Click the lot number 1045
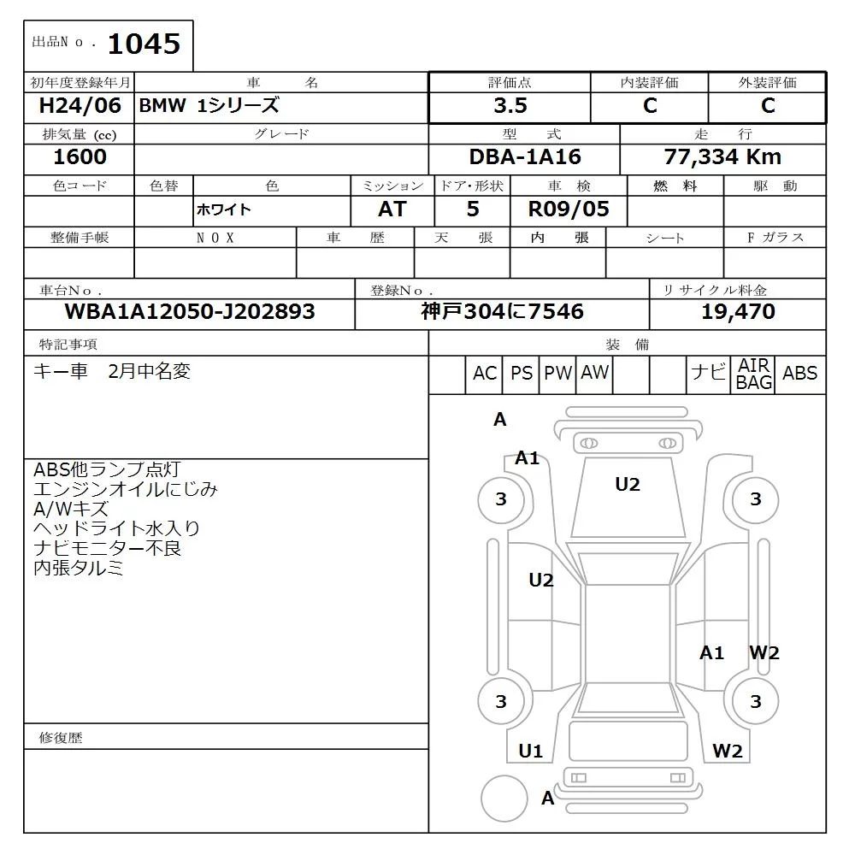coord(144,44)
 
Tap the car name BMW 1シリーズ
coord(209,106)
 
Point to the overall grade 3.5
coord(510,106)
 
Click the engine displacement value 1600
coord(80,156)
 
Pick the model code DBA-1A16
coord(524,156)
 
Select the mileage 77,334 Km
coord(722,156)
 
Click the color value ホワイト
coord(224,210)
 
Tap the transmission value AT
coord(392,209)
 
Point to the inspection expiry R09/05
coord(569,209)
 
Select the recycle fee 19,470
coord(738,312)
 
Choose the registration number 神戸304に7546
coord(502,312)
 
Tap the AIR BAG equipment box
coord(754,374)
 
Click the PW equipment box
coord(558,374)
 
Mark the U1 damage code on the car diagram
coord(531,752)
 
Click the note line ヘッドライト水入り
coord(116,528)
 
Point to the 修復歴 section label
coord(61,738)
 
